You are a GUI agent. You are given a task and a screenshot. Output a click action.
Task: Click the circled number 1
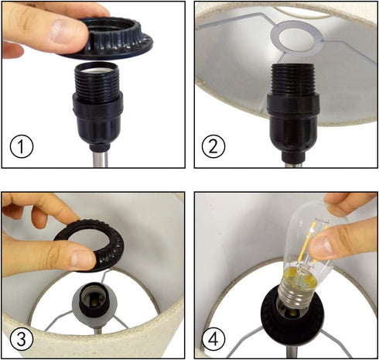coord(22,146)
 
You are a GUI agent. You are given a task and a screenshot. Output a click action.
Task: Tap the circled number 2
coord(213,146)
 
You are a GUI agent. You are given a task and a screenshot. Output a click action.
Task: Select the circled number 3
coord(22,339)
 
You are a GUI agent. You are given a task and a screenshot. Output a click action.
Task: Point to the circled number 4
coord(213,339)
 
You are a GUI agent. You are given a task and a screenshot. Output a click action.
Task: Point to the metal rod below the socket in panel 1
coord(100,159)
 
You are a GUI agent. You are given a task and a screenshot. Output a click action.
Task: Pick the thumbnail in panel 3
coord(82,259)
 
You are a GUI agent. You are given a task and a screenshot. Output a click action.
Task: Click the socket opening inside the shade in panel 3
coord(94,297)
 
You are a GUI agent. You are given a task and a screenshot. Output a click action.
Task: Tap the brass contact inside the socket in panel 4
coord(293,314)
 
